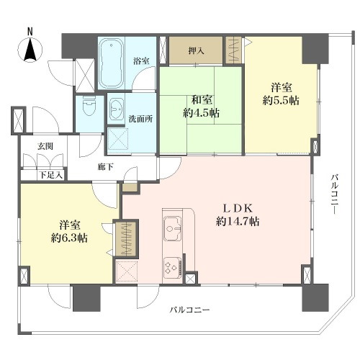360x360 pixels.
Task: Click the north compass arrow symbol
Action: [30, 49]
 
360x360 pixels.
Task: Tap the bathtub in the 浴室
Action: [111, 63]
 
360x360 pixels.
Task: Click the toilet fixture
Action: [89, 107]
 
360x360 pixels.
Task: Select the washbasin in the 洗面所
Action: [116, 109]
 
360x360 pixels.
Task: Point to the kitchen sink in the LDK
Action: [173, 228]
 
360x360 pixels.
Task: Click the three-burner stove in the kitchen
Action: [173, 267]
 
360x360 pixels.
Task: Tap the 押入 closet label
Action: [196, 50]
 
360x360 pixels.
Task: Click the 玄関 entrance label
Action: [45, 146]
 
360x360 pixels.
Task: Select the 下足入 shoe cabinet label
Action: [51, 175]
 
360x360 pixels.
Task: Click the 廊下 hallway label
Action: [106, 167]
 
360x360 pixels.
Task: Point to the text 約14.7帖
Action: [238, 222]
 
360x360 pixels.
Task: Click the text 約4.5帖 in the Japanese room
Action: [202, 112]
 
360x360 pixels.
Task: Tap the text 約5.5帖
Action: [281, 101]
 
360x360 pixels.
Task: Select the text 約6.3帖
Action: [69, 238]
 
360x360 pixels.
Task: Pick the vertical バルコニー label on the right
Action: [335, 194]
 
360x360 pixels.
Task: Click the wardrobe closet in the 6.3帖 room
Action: [126, 239]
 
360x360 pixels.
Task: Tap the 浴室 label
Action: [141, 61]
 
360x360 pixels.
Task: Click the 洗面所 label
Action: [140, 119]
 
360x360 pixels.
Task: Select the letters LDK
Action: [238, 209]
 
